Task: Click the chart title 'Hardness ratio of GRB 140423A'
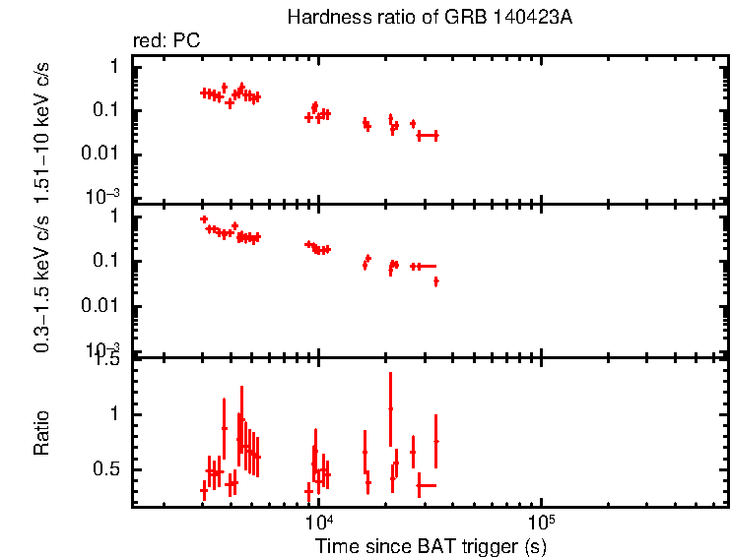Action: coord(429,18)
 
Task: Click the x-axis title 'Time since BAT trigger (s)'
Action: coord(431,545)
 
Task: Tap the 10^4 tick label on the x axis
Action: coord(318,521)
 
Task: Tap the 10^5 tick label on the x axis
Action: coord(540,521)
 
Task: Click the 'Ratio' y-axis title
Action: coord(42,432)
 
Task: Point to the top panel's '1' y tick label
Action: coord(114,66)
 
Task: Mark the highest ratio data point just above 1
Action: coord(390,408)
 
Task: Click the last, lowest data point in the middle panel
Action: coord(435,281)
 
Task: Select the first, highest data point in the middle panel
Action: coord(204,219)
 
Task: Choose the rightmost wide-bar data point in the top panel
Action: coord(427,135)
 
